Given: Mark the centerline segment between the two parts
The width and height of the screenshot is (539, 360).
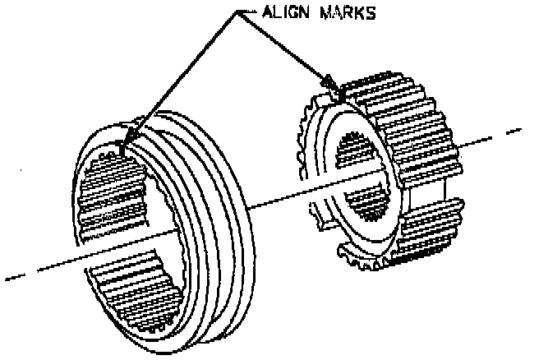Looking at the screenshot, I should [271, 192].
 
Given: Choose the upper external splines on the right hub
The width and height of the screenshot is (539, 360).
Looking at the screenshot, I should [411, 115].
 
